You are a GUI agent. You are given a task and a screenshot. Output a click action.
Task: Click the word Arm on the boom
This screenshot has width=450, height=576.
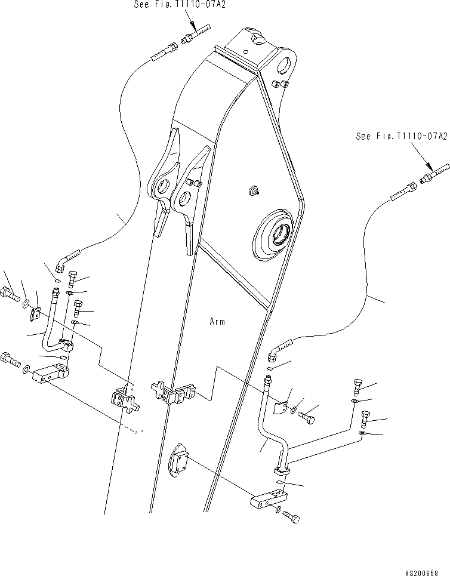click(x=217, y=322)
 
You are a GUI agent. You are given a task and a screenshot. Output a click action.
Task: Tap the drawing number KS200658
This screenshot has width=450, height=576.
click(x=426, y=572)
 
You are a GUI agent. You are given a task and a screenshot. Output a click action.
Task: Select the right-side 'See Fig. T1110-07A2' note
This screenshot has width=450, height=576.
click(x=401, y=137)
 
